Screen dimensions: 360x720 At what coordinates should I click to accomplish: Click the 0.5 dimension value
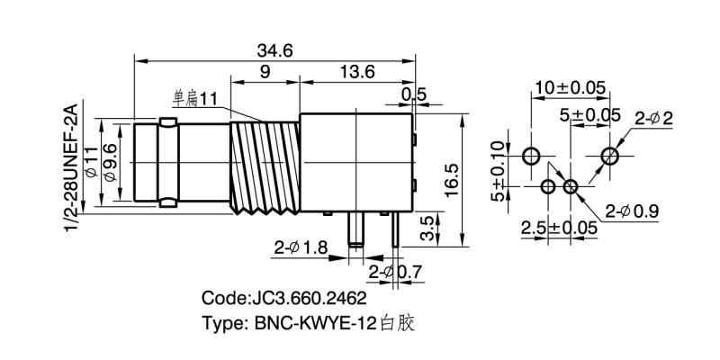point(413,94)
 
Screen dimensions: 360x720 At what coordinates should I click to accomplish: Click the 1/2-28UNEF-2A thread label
point(76,169)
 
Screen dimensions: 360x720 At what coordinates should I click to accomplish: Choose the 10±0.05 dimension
point(569,88)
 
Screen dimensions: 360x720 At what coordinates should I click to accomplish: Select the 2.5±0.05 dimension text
point(560,228)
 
